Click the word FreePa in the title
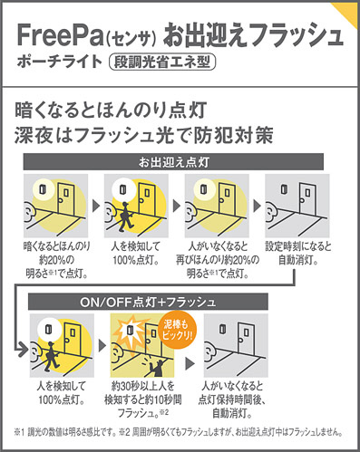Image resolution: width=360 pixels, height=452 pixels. click(x=60, y=34)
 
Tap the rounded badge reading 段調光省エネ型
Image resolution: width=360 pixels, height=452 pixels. click(x=162, y=62)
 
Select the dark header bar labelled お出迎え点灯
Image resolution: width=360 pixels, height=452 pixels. click(x=173, y=162)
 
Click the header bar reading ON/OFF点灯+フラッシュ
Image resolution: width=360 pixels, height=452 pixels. click(x=148, y=302)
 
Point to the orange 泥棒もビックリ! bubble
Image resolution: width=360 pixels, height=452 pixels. click(x=178, y=330)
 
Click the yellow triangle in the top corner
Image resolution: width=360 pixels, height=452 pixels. click(x=347, y=12)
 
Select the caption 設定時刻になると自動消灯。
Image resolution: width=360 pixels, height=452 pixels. click(x=298, y=253)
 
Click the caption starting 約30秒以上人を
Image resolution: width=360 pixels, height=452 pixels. click(x=142, y=399)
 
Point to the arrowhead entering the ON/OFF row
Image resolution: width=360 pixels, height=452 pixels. click(x=22, y=350)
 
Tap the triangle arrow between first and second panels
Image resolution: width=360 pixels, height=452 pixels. click(x=96, y=206)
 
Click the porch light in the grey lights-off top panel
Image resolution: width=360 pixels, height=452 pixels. click(x=285, y=189)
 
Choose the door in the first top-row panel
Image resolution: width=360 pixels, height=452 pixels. click(x=66, y=197)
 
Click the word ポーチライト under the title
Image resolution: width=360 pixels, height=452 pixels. click(x=60, y=62)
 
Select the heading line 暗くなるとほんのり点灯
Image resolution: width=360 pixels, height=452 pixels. click(x=111, y=110)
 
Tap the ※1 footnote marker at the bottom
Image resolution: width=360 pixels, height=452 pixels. click(x=19, y=432)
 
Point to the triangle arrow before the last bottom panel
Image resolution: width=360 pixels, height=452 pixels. click(x=190, y=363)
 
